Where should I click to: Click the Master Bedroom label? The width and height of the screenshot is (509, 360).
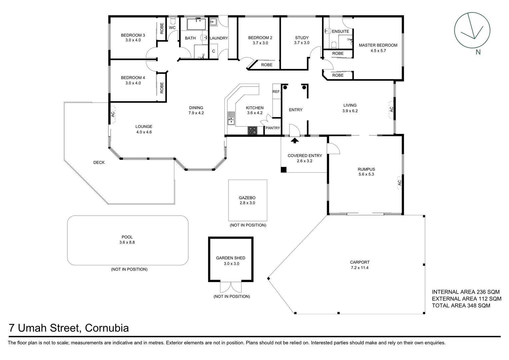tap(378, 45)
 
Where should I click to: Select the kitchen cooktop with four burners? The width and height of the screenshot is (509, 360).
tap(253, 131)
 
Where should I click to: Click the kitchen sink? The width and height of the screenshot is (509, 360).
tap(231, 119)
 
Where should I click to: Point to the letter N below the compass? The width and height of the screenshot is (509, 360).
tap(478, 52)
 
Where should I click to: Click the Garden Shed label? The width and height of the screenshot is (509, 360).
tap(231, 258)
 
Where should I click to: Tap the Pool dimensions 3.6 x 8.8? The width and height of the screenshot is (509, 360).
tap(127, 243)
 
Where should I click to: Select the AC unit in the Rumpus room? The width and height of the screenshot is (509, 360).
tap(399, 183)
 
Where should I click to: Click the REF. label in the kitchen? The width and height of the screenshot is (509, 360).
tap(276, 92)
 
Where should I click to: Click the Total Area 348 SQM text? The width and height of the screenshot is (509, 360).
tap(461, 305)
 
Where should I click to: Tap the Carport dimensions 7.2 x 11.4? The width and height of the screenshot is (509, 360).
tap(360, 268)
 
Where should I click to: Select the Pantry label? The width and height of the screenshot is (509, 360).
tap(272, 128)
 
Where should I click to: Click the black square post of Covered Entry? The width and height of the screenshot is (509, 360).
tap(283, 170)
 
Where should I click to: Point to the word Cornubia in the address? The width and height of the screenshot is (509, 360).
tap(107, 328)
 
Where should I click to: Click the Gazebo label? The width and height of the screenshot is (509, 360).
tap(247, 198)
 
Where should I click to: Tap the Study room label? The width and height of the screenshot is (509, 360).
tap(302, 38)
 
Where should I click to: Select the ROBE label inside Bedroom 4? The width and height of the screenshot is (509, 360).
tap(162, 88)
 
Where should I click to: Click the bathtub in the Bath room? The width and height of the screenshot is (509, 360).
tap(197, 24)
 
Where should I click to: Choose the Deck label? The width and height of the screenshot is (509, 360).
tap(99, 163)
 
